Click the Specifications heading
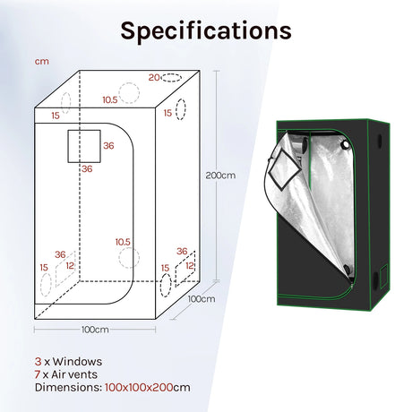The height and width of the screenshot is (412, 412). (206, 31)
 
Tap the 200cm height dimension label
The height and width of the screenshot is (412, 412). (220, 176)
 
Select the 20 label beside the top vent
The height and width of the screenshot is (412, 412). (154, 77)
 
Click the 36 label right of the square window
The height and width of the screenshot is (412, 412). (108, 146)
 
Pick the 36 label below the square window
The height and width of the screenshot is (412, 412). (87, 169)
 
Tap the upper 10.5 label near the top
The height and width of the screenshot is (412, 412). (110, 99)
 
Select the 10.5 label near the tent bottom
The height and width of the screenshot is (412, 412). (123, 242)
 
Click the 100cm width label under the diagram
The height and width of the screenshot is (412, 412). (95, 330)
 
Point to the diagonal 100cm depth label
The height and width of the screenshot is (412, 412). (202, 299)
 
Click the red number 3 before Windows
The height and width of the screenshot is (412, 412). (38, 362)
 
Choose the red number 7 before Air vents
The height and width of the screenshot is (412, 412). (38, 374)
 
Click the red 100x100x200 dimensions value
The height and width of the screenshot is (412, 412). (139, 387)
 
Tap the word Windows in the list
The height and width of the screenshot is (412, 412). (77, 362)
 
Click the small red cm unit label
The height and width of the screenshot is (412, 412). (42, 62)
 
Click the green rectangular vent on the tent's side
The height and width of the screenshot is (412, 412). (383, 277)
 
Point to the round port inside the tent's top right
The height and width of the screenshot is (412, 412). (346, 145)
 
